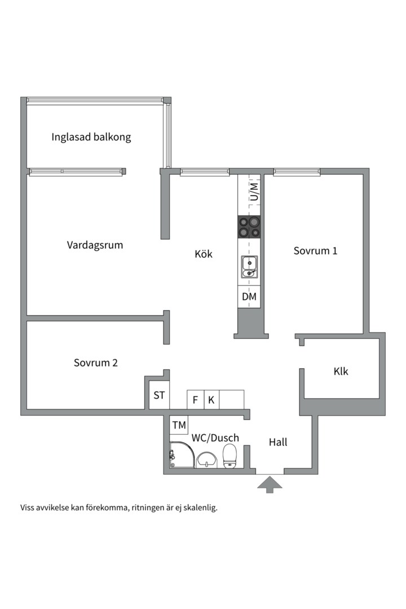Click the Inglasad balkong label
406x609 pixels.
[91, 137]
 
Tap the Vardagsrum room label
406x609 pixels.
[95, 245]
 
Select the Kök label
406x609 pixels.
[204, 254]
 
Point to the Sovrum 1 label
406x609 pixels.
[315, 251]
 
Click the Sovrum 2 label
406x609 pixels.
[95, 363]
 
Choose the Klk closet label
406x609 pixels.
[341, 372]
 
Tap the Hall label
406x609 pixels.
[277, 443]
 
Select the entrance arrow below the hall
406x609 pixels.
[270, 483]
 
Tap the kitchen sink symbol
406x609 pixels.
[249, 267]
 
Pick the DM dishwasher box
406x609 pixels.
[249, 297]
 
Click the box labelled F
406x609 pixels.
[195, 400]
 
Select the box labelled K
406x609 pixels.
[211, 400]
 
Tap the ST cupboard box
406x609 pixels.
[160, 395]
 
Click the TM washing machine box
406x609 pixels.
[179, 425]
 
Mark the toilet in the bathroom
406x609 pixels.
[230, 456]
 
